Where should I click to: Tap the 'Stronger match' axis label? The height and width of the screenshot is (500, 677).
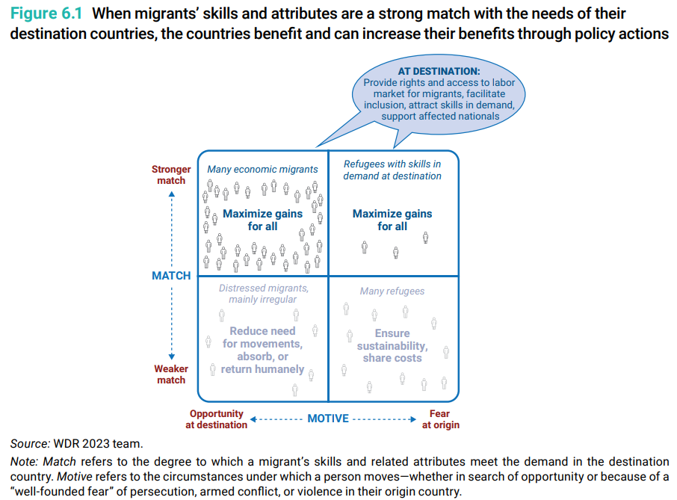pyautogui.click(x=171, y=175)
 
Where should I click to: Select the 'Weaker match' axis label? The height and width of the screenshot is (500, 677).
pyautogui.click(x=171, y=374)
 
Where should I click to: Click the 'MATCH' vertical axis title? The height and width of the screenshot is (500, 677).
pyautogui.click(x=171, y=276)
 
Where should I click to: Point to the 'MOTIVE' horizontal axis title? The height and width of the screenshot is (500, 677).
pyautogui.click(x=328, y=419)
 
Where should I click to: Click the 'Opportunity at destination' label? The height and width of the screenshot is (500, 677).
pyautogui.click(x=217, y=419)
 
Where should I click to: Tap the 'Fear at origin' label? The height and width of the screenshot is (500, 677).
pyautogui.click(x=440, y=419)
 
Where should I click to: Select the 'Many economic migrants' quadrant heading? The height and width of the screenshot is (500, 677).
pyautogui.click(x=262, y=170)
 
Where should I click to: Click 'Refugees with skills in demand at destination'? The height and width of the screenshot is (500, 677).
pyautogui.click(x=392, y=170)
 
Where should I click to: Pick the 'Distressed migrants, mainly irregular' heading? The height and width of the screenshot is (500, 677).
pyautogui.click(x=263, y=294)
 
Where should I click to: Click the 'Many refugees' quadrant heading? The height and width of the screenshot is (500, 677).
pyautogui.click(x=392, y=291)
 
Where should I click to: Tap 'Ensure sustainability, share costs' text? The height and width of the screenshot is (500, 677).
pyautogui.click(x=392, y=345)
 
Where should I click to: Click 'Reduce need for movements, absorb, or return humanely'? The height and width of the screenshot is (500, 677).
pyautogui.click(x=263, y=350)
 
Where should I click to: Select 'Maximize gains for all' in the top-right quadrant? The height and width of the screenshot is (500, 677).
pyautogui.click(x=392, y=220)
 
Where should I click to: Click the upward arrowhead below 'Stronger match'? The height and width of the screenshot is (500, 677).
pyautogui.click(x=171, y=195)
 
